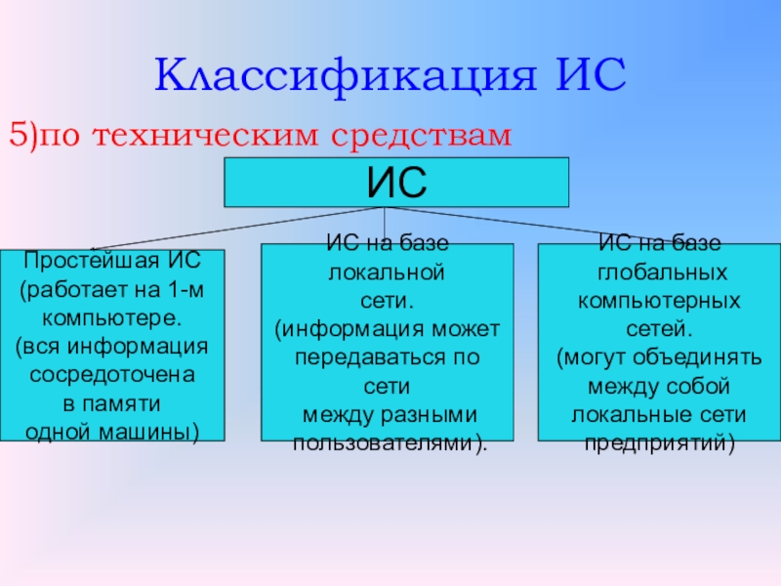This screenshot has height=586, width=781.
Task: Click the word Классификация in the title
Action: (346, 76)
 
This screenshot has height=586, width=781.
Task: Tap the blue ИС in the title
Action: (591, 74)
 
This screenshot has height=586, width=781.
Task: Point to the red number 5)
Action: (23, 135)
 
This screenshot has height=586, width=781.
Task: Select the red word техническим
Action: (205, 136)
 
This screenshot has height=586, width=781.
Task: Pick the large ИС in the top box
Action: (396, 182)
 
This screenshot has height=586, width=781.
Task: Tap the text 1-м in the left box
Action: (186, 289)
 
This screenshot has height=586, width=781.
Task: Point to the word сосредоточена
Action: (112, 375)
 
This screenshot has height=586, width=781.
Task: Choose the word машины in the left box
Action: (145, 433)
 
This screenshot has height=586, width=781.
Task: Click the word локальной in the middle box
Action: (387, 273)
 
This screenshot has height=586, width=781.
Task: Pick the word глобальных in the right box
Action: (662, 273)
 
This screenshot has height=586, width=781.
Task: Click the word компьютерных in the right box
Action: (659, 302)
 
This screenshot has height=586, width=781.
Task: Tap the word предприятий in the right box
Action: (656, 443)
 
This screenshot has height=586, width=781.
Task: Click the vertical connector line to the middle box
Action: (384, 226)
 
